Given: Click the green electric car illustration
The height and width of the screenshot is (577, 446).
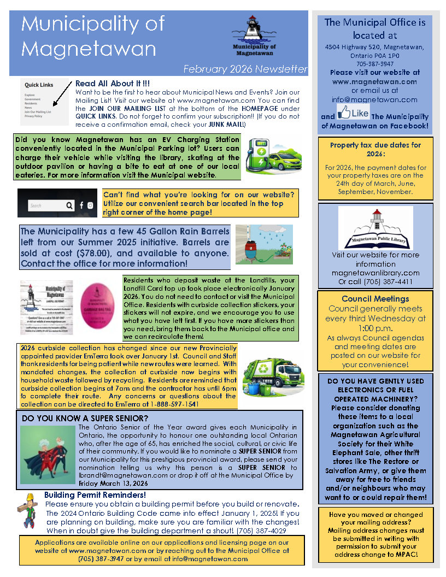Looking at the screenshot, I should [272, 156].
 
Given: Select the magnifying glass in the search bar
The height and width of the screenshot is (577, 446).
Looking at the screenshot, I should [69, 205].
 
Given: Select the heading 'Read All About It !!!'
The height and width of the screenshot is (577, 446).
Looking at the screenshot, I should [113, 84].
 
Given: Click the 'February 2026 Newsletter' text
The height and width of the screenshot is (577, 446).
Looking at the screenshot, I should [245, 69].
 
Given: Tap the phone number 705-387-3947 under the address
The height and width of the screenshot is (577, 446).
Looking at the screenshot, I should [374, 63].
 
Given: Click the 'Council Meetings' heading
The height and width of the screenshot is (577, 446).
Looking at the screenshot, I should [375, 299].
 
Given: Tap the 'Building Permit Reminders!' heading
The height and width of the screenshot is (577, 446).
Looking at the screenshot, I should [95, 495].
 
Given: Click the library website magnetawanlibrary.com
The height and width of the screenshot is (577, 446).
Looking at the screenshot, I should [375, 273].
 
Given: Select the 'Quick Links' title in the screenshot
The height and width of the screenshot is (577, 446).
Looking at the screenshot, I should [39, 85].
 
